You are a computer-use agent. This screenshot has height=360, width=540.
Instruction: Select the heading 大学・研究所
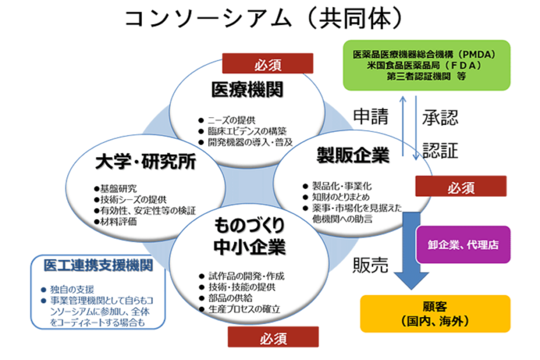[x=146, y=162]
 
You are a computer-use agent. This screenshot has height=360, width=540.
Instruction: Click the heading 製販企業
[x=353, y=155]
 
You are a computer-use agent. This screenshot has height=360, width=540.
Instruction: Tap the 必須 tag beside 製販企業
[x=460, y=187]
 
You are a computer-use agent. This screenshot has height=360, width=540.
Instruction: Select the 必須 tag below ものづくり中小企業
[x=273, y=337]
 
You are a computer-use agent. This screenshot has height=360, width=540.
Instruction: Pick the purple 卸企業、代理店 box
[x=462, y=245]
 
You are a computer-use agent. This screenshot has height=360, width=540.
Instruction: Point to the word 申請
[x=371, y=116]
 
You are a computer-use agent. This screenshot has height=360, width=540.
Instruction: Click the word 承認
[x=440, y=118]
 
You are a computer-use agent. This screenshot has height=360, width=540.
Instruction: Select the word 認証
[x=440, y=151]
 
